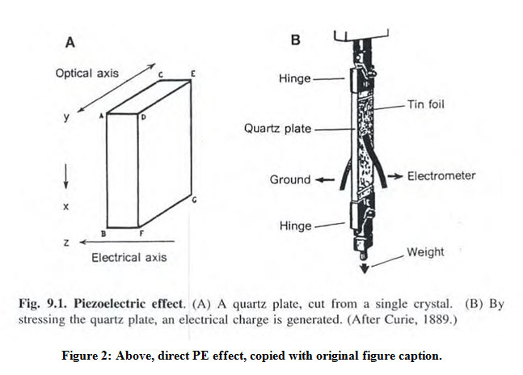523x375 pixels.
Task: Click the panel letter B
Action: coord(295,39)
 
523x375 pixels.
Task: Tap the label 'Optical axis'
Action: coord(86,73)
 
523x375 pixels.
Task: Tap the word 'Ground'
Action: coord(289,179)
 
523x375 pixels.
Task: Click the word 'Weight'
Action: coord(425,252)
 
